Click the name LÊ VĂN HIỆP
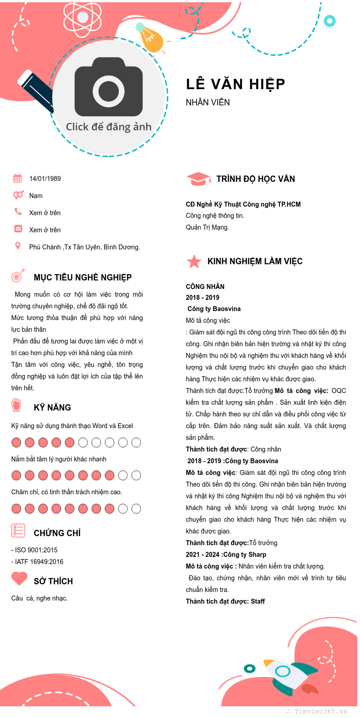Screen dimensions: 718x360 [x=235, y=84]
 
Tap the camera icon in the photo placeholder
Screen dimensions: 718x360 [x=109, y=87]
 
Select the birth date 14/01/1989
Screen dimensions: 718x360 [x=45, y=179]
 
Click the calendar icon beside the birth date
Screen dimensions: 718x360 [x=18, y=178]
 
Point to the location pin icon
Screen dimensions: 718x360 [x=18, y=246]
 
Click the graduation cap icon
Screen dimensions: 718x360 [x=198, y=179]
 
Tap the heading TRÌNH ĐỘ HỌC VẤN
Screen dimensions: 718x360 [x=256, y=179]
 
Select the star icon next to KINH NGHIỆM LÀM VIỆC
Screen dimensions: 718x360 [x=194, y=261]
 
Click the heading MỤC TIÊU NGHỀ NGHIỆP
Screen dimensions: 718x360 [x=83, y=278]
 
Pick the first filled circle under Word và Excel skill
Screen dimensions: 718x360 [x=17, y=443]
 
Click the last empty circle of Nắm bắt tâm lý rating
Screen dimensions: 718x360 [x=136, y=475]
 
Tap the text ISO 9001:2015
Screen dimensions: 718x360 [x=36, y=550]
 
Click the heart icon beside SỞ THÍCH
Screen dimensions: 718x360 [x=19, y=578]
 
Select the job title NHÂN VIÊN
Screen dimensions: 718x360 [x=208, y=103]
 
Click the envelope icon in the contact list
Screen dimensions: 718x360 [x=18, y=229]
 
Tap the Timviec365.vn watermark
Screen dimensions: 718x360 [x=320, y=712]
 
